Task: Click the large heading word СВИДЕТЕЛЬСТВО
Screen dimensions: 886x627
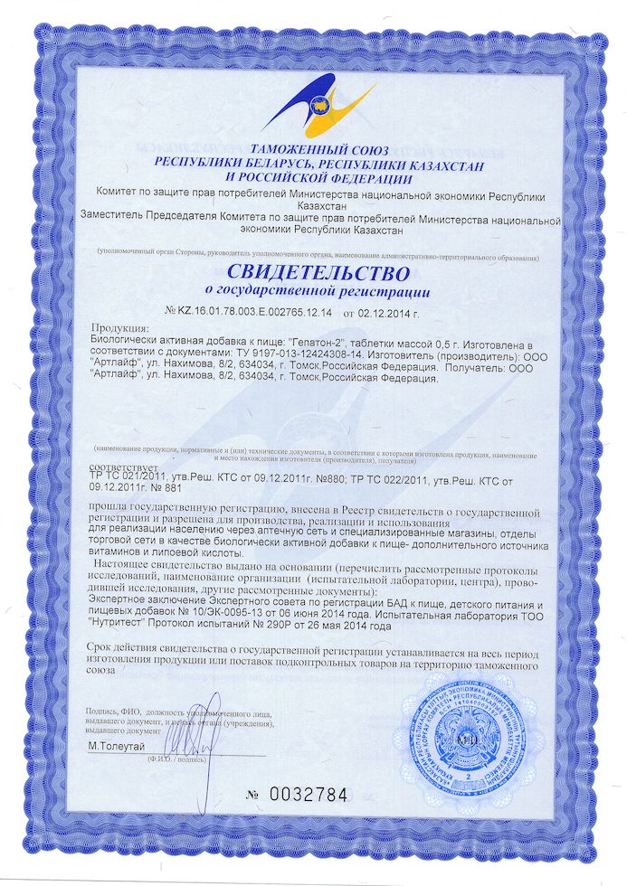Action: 312,270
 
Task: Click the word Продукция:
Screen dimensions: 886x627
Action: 120,327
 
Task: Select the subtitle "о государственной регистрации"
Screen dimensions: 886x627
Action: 312,292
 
